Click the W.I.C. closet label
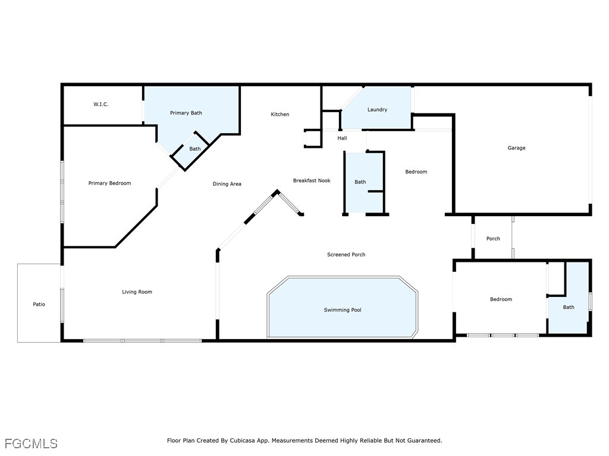[x=101, y=104]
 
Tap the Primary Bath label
[x=186, y=113]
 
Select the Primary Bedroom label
[x=109, y=183]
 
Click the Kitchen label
[x=280, y=115]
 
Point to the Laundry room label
[x=377, y=110]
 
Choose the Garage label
[x=516, y=148]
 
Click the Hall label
[x=342, y=138]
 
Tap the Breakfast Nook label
[x=312, y=180]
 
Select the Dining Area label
[x=227, y=184]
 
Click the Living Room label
[x=137, y=292]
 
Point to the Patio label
[x=39, y=305]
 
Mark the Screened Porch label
[x=346, y=255]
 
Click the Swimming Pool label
[x=343, y=310]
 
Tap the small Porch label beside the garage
[x=493, y=239]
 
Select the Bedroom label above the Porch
[x=416, y=172]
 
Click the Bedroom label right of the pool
[x=501, y=300]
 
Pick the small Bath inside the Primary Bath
[x=195, y=149]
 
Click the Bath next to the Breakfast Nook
[x=360, y=182]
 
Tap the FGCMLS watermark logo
[x=31, y=444]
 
